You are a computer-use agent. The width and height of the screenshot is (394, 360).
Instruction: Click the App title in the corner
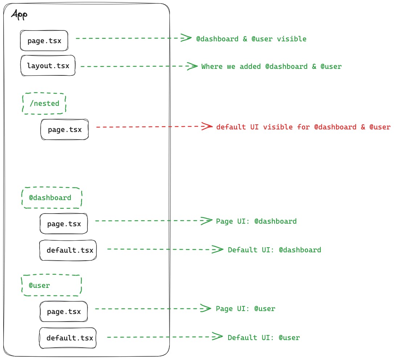point(20,15)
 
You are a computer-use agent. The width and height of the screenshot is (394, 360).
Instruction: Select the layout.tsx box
point(48,66)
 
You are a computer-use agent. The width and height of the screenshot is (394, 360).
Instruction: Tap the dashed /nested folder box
point(44,103)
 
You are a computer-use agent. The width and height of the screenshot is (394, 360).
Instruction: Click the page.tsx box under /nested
point(65,129)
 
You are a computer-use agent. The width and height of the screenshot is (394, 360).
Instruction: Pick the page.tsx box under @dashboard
point(64,224)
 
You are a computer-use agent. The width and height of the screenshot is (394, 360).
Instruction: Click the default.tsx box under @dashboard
point(68,250)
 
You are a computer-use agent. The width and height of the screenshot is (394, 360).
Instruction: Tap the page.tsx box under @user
point(64,311)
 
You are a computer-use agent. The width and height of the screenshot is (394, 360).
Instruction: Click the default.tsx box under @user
point(68,338)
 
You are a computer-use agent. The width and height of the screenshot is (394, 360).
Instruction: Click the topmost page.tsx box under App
point(44,40)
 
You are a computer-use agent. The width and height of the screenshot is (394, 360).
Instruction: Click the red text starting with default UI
point(303,127)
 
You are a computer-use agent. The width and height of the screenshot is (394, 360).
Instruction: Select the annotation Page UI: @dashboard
point(256,221)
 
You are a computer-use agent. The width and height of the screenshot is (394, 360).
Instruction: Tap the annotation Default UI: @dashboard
point(274,250)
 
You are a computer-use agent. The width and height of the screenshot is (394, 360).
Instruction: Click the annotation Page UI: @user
point(245,309)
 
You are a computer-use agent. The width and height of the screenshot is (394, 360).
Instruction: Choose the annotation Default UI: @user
point(264,338)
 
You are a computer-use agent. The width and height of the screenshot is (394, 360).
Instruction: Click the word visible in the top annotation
point(292,39)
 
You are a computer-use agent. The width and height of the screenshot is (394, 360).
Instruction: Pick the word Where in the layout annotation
point(212,66)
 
